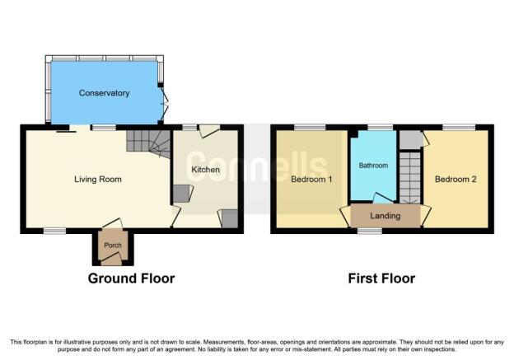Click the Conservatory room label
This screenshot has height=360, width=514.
[105, 93]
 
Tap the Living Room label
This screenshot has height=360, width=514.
[98, 180]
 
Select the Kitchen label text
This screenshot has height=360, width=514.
[206, 170]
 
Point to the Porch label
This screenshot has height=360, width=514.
[113, 245]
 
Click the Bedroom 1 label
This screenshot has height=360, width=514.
[311, 180]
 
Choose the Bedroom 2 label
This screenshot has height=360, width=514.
[456, 180]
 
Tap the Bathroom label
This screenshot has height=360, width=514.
[373, 166]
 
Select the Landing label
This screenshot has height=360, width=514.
[385, 216]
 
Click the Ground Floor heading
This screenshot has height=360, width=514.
[131, 278]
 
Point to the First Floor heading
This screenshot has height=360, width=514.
[381, 278]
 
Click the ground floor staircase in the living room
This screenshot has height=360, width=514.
[148, 143]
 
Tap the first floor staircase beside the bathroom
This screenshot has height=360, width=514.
[409, 178]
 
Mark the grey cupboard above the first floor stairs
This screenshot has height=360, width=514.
[411, 140]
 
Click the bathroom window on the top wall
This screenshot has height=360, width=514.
[380, 127]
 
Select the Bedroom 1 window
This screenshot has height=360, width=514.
[310, 127]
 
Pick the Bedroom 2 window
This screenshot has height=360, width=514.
[460, 127]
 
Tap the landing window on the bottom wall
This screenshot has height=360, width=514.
[370, 231]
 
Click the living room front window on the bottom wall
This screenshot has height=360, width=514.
[54, 231]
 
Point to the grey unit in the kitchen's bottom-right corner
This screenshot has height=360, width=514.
[230, 218]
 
